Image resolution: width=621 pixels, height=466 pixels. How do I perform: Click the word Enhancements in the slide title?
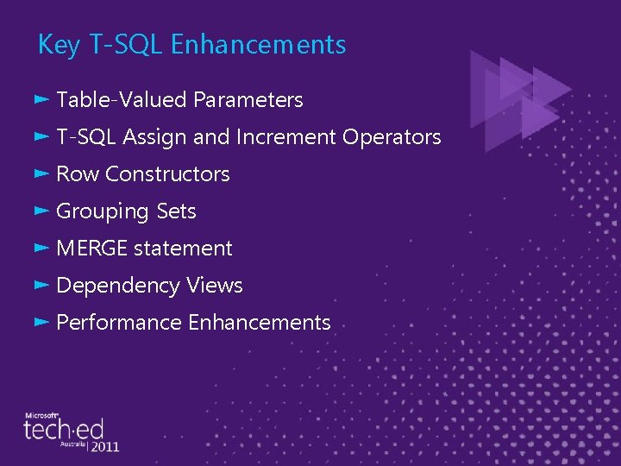[x=258, y=45]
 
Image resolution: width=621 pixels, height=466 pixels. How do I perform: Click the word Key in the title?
[x=59, y=45]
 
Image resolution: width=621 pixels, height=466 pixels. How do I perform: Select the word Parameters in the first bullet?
[x=248, y=100]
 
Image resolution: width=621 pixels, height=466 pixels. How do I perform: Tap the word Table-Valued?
[x=122, y=100]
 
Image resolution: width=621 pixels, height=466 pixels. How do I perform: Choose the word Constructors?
[x=167, y=174]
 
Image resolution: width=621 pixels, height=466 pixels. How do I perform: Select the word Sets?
[x=176, y=211]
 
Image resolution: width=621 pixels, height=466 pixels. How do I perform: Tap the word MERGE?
[x=91, y=249]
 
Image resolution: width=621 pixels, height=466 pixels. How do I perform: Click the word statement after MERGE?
[x=183, y=249]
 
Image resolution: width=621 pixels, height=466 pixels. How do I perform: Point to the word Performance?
[x=119, y=323]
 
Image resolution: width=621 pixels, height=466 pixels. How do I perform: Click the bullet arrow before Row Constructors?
[x=41, y=173]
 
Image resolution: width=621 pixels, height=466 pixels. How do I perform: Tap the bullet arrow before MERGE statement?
[x=41, y=248]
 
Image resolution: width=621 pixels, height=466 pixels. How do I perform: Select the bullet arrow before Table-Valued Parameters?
[x=41, y=99]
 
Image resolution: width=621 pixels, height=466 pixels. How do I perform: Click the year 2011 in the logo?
[x=104, y=447]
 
